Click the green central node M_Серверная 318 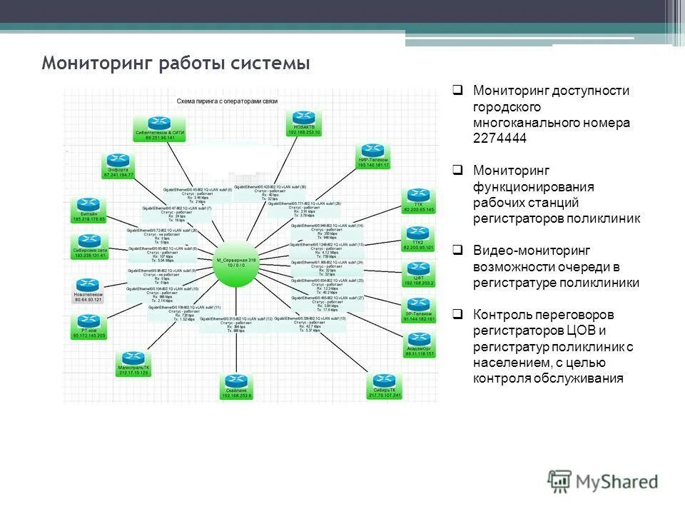236,265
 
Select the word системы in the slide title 270,64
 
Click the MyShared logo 603,482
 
